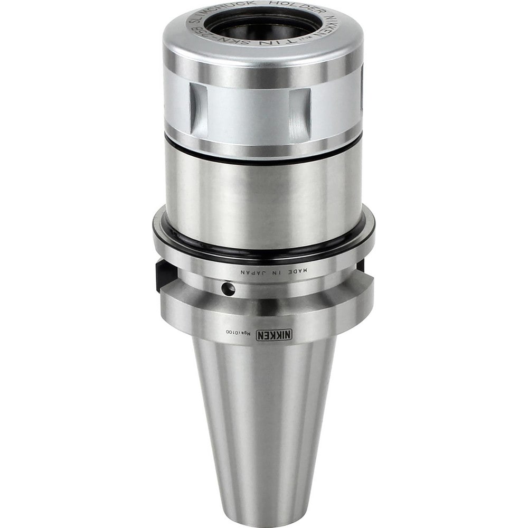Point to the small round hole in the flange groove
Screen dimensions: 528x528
228,288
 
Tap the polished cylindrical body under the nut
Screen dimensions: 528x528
264,190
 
